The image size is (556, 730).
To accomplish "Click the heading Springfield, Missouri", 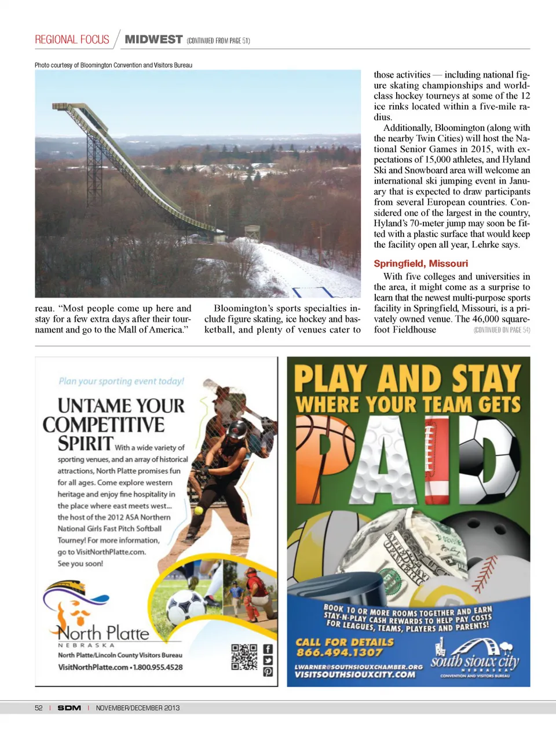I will pos(420,264).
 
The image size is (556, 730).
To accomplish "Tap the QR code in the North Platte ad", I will pos(244,657).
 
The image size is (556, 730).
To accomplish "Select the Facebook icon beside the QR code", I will pos(268,649).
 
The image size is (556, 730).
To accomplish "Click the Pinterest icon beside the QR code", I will pos(268,671).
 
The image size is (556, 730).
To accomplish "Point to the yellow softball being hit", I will pos(199,510).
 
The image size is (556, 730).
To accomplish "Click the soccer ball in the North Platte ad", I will pos(185,607).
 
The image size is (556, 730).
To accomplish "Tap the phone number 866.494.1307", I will pos(339,652).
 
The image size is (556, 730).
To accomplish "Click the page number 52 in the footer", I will pos(39,707).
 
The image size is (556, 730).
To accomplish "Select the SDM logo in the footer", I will pos(69,707).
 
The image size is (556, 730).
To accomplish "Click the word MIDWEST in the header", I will pos(153,39).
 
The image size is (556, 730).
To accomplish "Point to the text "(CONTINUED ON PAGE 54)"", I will pos(502,330).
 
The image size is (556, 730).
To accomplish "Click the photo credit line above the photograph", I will pos(114,65).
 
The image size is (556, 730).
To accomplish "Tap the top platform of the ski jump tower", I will pos(62,107).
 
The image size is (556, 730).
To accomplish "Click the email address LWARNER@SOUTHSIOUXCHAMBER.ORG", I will pos(359,667).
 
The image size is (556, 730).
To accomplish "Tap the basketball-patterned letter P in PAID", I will pos(324,452).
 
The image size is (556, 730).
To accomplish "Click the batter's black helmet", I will pos(237,430).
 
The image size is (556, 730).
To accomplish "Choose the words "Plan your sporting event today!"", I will pos(121,381).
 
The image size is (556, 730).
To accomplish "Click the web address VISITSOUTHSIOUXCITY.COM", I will pos(355,675).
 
